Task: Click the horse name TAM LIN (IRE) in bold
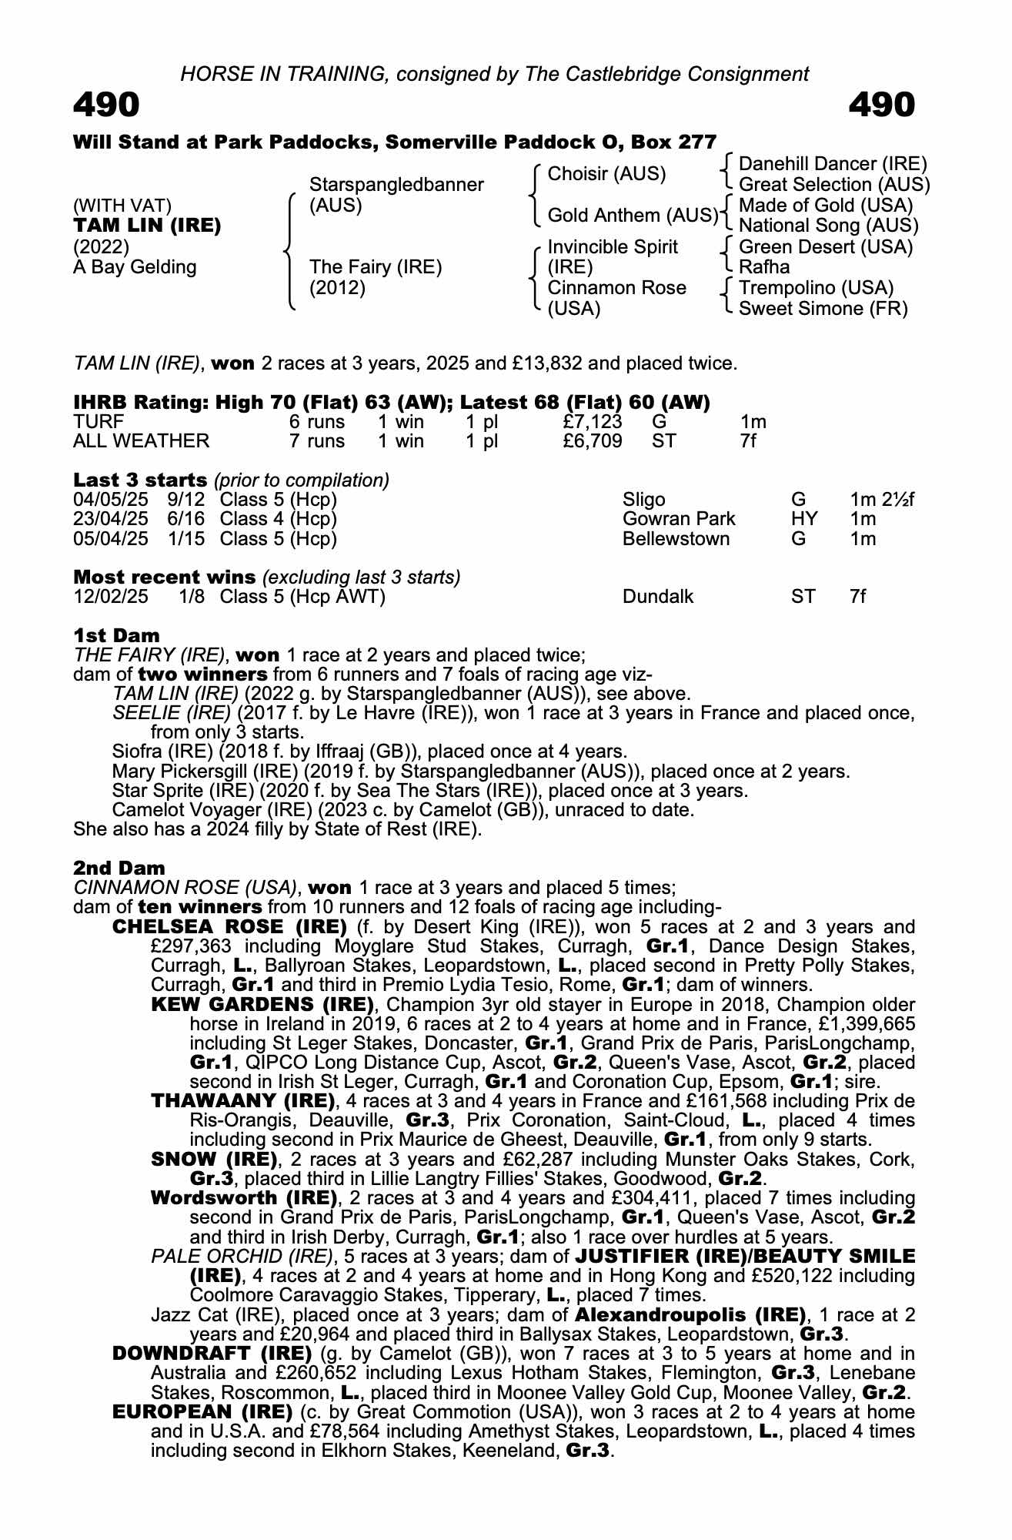[x=147, y=226]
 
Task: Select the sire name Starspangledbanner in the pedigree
[x=396, y=185]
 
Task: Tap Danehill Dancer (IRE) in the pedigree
[x=833, y=164]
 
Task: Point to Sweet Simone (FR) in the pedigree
[x=823, y=309]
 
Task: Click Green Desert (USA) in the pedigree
[x=825, y=247]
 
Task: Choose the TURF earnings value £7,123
[x=592, y=422]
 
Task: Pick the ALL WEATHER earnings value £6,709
[x=592, y=441]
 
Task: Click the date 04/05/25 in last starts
[x=110, y=500]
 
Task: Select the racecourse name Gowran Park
[x=678, y=519]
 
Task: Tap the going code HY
[x=803, y=519]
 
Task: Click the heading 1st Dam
[x=116, y=636]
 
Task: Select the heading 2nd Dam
[x=119, y=869]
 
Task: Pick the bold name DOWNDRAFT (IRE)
[x=212, y=1354]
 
